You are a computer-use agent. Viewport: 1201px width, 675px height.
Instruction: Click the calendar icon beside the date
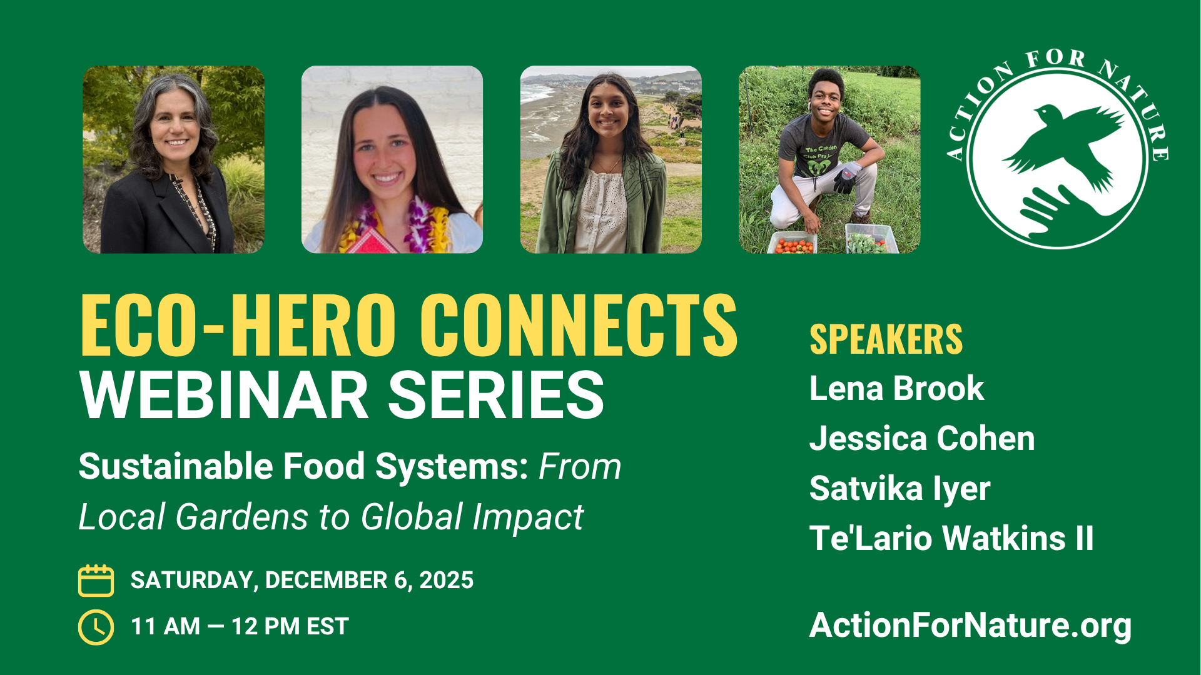[x=96, y=581]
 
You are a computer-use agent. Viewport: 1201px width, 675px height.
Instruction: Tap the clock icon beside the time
[x=96, y=627]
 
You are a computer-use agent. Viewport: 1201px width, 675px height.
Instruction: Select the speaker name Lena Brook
[x=896, y=389]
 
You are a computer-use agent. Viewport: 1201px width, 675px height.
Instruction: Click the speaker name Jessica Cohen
[x=922, y=438]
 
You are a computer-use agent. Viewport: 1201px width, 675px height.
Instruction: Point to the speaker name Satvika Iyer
[x=899, y=489]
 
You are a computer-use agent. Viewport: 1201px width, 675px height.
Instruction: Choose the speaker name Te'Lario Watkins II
[x=951, y=538]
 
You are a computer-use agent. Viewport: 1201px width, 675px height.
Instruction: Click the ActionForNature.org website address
[x=970, y=626]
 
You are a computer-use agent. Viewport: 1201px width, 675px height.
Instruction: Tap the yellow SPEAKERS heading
[x=886, y=339]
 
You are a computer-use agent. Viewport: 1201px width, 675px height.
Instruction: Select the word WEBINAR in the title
[x=224, y=395]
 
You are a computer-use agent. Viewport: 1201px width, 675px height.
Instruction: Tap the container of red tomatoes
[x=793, y=243]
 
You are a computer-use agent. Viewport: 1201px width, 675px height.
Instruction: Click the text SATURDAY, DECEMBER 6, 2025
[x=302, y=581]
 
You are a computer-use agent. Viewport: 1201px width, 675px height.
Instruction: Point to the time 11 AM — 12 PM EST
[x=240, y=627]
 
